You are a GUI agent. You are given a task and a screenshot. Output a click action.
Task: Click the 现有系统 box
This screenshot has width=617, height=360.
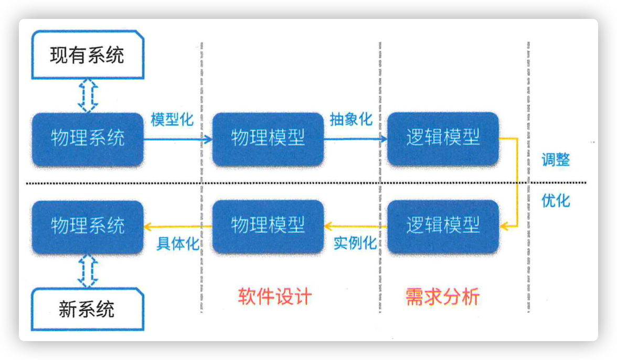pyautogui.click(x=88, y=55)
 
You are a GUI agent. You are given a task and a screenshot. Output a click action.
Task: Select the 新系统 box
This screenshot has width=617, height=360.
pyautogui.click(x=88, y=309)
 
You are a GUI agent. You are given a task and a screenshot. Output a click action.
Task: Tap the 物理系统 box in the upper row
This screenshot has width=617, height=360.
pyautogui.click(x=88, y=139)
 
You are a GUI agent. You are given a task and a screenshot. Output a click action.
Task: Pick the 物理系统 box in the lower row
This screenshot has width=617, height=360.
pyautogui.click(x=88, y=227)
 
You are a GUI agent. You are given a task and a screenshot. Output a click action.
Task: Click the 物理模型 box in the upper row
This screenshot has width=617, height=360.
pyautogui.click(x=268, y=139)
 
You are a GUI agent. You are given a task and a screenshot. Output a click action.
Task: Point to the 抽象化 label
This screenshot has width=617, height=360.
pyautogui.click(x=351, y=119)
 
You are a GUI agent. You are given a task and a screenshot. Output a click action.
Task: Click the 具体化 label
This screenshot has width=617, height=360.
pyautogui.click(x=178, y=243)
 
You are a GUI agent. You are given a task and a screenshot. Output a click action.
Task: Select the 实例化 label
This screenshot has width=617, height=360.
pyautogui.click(x=355, y=243)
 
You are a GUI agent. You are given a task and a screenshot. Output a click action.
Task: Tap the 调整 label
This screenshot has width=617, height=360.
pyautogui.click(x=556, y=160)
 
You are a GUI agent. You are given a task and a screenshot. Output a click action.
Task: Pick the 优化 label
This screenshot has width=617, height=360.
pyautogui.click(x=556, y=200)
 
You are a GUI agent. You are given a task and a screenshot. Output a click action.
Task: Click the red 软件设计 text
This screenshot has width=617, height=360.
pyautogui.click(x=275, y=297)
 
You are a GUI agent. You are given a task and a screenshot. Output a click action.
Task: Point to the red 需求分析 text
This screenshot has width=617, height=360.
pyautogui.click(x=443, y=297)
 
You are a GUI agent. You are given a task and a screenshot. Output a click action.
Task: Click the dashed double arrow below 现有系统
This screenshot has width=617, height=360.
pyautogui.click(x=88, y=96)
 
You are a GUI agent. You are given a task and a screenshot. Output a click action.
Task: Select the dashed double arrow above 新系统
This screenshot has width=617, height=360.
pyautogui.click(x=88, y=271)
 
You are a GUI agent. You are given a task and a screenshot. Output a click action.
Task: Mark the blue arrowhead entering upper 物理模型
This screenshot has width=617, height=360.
pyautogui.click(x=207, y=139)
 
